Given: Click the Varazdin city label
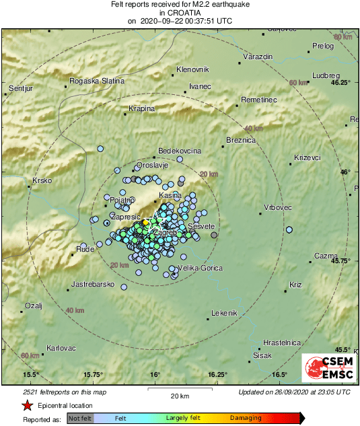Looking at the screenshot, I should [258, 57].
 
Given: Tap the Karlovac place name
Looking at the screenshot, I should [61, 348].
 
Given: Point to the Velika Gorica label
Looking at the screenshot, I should [199, 269].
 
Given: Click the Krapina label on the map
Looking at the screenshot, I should [142, 108].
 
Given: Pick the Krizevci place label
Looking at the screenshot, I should [308, 157].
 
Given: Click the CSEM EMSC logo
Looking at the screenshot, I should [326, 369].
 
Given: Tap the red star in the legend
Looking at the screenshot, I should [27, 406].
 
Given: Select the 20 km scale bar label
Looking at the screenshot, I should [179, 396].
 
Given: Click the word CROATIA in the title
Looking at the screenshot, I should [180, 13].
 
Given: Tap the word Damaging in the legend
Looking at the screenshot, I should [246, 418].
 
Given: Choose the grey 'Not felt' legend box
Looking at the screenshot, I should [79, 418].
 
